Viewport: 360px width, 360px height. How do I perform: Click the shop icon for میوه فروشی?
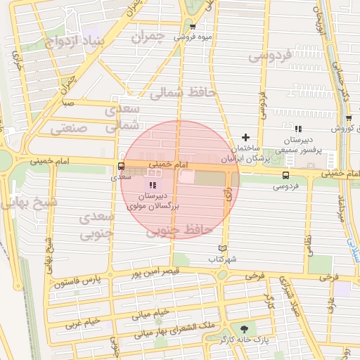192,27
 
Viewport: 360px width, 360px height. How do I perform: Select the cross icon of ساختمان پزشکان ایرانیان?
245,137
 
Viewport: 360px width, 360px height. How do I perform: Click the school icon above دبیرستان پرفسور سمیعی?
298,129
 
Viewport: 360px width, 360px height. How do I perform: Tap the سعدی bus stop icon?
122,167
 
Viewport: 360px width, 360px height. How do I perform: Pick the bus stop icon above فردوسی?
285,175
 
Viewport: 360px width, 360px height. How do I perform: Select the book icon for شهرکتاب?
223,248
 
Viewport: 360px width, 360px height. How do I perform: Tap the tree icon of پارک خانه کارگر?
244,328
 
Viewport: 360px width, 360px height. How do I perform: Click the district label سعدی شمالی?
122,117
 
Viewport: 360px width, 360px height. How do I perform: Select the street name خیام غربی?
84,324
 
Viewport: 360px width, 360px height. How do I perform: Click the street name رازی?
228,199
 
